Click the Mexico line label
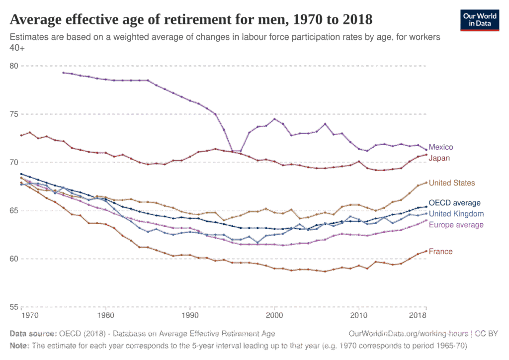[440, 147]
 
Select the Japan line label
[439, 158]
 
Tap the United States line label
[451, 183]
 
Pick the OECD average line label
[454, 203]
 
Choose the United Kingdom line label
[456, 214]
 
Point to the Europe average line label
[456, 225]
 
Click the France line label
[440, 252]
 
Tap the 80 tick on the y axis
[14, 66]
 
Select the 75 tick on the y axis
[14, 114]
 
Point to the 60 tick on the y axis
[14, 259]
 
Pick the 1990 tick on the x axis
[189, 316]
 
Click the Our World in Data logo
[479, 20]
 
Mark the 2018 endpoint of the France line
[425, 251]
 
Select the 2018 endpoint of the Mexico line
[425, 149]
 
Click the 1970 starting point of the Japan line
[21, 135]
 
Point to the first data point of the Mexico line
[63, 73]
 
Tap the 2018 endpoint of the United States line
[425, 182]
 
